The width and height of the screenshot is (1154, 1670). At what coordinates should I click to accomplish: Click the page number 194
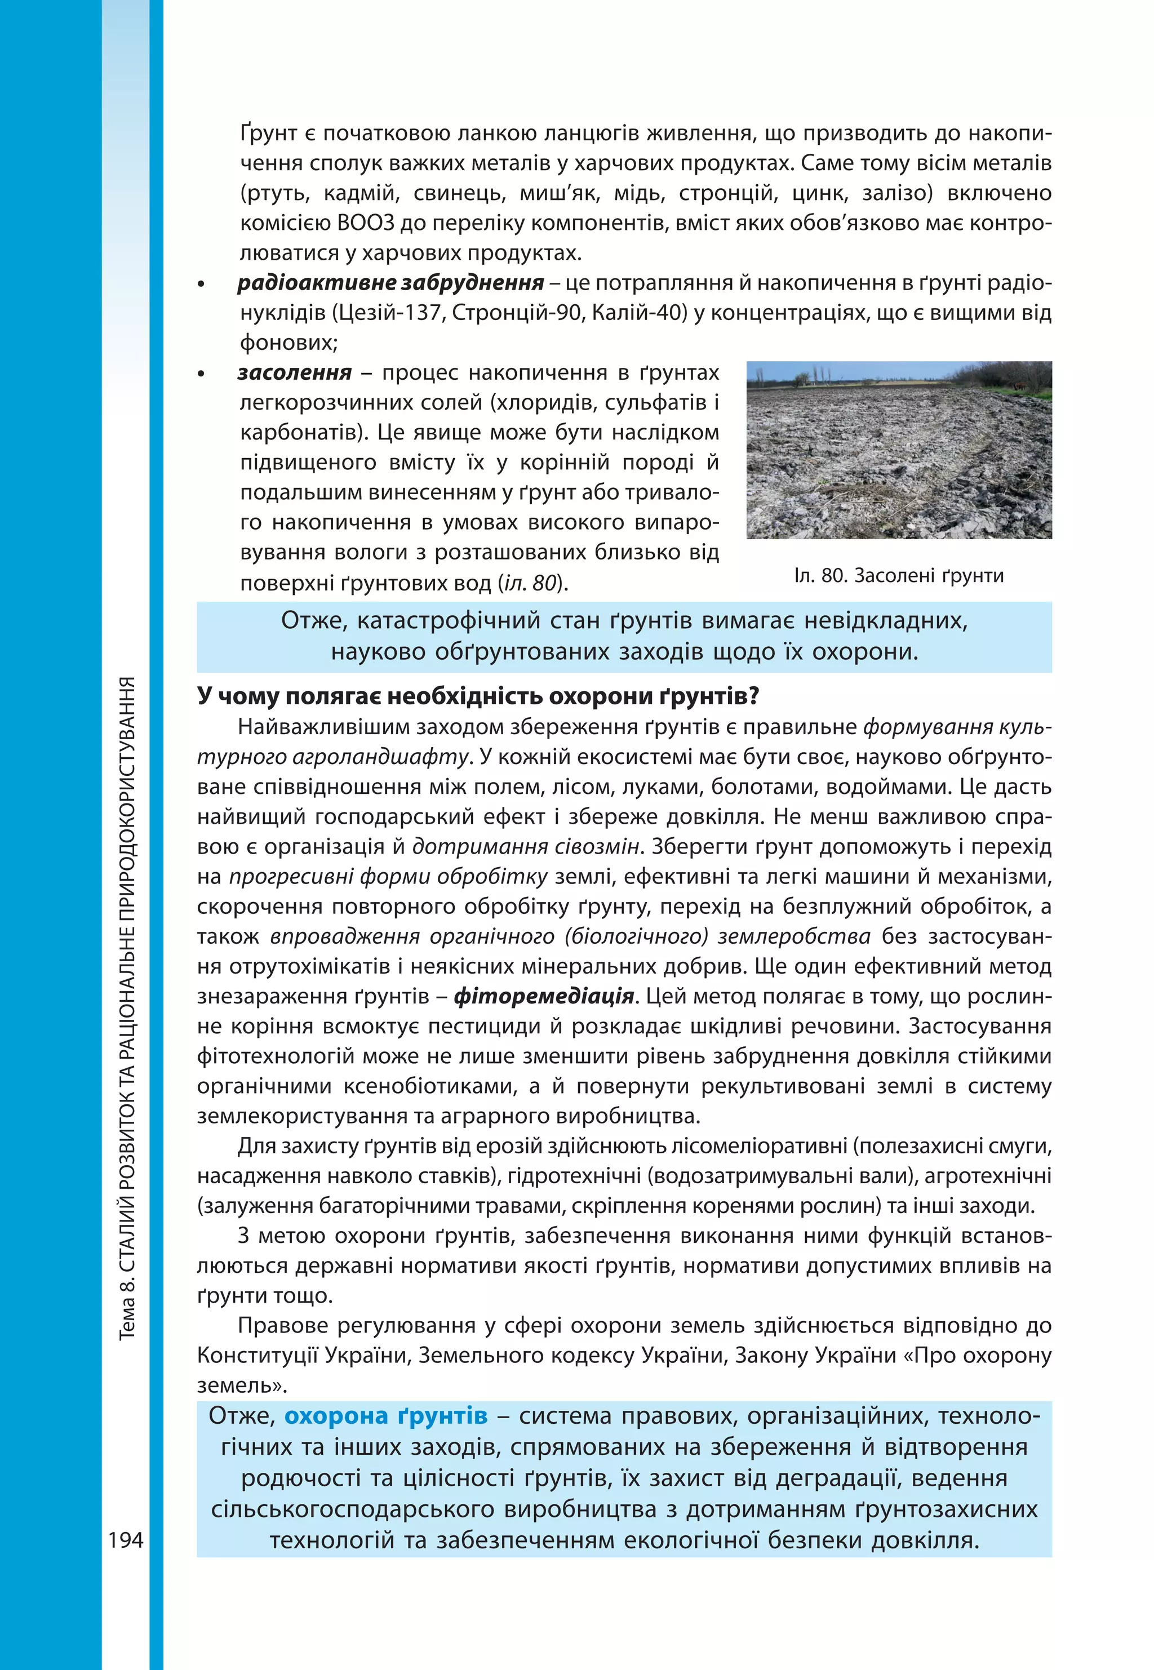tap(126, 1539)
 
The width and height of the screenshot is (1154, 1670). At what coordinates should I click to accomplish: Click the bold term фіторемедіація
tap(544, 996)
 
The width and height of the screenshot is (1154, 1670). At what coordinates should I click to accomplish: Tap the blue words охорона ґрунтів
tap(385, 1415)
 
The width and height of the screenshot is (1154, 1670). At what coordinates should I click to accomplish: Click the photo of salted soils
tap(899, 450)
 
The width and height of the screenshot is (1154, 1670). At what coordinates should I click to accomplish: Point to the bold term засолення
tap(294, 372)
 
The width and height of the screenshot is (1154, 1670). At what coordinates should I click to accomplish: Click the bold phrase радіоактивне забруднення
tap(390, 283)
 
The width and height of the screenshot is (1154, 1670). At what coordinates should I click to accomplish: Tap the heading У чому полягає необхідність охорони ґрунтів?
tap(478, 696)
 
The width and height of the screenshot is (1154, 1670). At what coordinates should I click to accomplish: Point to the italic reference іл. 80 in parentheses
tap(531, 583)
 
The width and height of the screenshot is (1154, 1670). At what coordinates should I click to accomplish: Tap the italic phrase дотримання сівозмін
tap(526, 847)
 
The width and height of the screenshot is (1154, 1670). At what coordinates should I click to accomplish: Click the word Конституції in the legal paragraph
tap(257, 1355)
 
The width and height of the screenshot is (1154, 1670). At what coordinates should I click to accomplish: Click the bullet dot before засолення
tap(202, 375)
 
